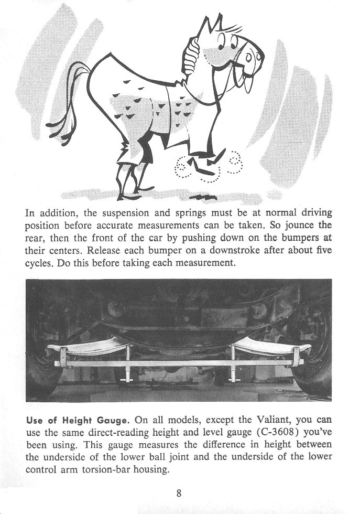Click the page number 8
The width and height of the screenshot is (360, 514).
pyautogui.click(x=180, y=492)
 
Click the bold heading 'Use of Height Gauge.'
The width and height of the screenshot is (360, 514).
pyautogui.click(x=78, y=421)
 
